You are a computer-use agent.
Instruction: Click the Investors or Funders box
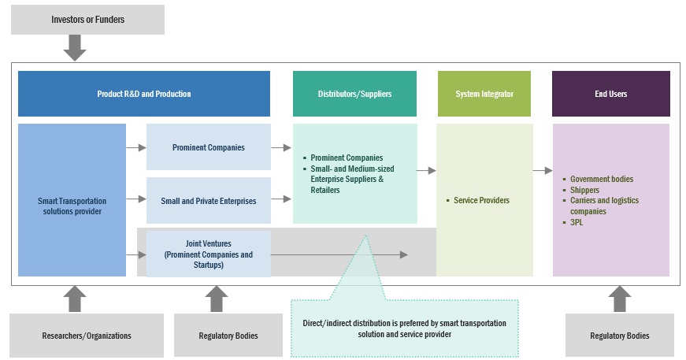[x=87, y=19]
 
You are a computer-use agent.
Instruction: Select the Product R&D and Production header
[x=143, y=94]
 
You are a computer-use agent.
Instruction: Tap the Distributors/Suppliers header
[x=354, y=94]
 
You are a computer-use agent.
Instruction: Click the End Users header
[x=610, y=94]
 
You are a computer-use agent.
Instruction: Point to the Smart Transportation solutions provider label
[x=72, y=206]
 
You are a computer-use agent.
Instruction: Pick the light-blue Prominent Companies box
[x=208, y=147]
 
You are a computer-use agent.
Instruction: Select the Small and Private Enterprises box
[x=208, y=201]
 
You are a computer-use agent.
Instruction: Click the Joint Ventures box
[x=208, y=254]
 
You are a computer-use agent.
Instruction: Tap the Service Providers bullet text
[x=481, y=200]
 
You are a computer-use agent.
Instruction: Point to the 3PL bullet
[x=577, y=222]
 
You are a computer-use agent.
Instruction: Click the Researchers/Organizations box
[x=87, y=336]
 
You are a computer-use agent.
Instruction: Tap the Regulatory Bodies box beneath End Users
[x=620, y=336]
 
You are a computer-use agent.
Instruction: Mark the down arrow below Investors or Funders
[x=74, y=48]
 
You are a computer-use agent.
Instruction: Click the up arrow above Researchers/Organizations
[x=74, y=299]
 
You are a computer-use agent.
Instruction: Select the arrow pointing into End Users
[x=543, y=170]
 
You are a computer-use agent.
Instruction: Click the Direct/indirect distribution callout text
[x=404, y=328]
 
